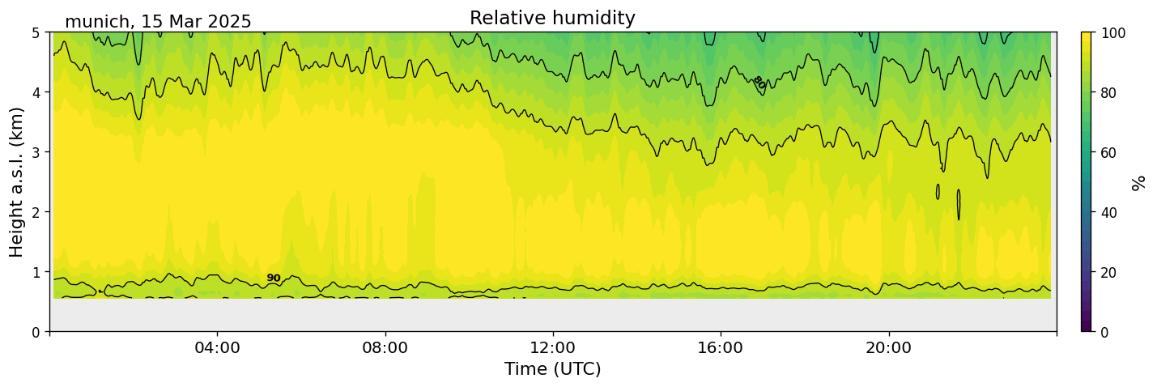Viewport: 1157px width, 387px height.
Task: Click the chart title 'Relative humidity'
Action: (x=552, y=18)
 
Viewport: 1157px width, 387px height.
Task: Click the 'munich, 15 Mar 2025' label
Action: (x=158, y=22)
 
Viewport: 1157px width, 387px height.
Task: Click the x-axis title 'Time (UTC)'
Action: (x=552, y=369)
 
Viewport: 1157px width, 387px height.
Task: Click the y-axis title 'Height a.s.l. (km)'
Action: (x=17, y=181)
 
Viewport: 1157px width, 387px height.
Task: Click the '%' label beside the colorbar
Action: (x=1139, y=182)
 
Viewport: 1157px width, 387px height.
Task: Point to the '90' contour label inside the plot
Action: (x=274, y=279)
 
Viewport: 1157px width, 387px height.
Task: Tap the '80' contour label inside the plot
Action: (x=759, y=82)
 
